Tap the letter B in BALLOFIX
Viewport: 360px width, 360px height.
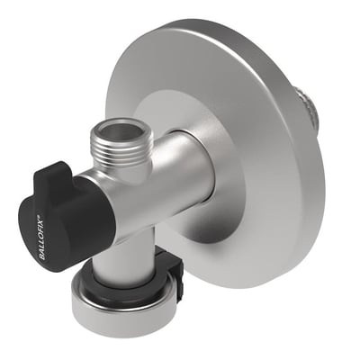(x=42, y=257)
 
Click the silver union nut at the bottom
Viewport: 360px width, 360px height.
(x=126, y=303)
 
